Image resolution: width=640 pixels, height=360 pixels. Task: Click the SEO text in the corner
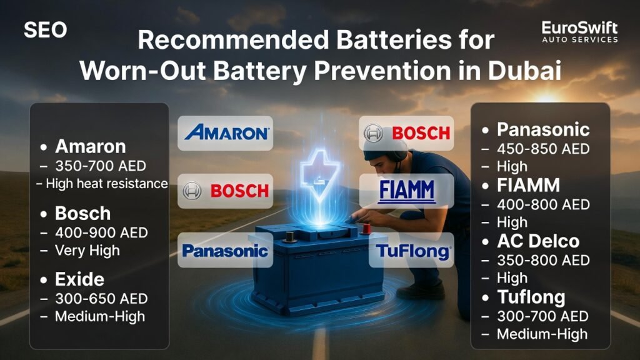tap(45, 29)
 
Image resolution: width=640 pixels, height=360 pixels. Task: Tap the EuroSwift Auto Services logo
tap(579, 32)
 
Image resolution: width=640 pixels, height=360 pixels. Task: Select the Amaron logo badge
tap(226, 133)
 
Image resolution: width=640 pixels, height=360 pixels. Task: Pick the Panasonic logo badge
tap(225, 251)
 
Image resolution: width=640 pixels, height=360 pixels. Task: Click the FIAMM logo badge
tap(407, 191)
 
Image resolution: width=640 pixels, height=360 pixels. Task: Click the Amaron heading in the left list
tap(90, 146)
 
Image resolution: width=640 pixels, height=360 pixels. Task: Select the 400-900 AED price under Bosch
tap(101, 232)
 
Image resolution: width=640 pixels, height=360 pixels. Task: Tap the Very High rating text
tap(87, 250)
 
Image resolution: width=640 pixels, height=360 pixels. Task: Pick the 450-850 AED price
tap(543, 149)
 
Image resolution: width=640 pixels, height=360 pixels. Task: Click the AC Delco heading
tap(538, 241)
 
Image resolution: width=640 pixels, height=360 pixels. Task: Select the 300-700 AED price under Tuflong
tap(542, 316)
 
